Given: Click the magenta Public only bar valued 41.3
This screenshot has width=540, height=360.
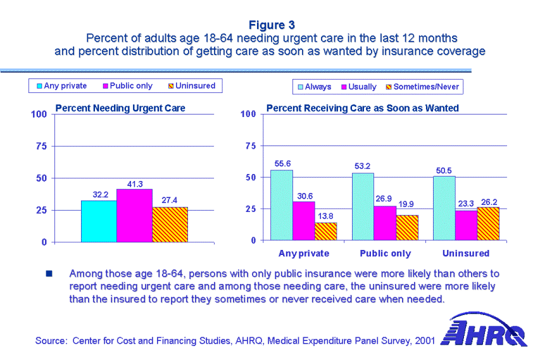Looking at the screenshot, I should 134,215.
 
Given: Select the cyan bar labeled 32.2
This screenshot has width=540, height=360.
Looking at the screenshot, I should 99,221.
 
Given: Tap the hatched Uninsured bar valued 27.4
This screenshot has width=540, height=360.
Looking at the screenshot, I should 170,224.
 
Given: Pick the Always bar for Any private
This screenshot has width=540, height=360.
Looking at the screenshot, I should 282,205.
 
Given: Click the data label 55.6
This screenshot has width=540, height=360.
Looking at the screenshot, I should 282,164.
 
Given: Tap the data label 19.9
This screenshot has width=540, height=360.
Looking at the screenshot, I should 406,204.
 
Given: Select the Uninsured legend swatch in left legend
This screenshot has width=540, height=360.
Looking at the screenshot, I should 171,86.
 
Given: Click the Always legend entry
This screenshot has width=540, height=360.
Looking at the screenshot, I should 314,87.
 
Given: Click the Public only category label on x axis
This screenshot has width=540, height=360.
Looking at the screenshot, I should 385,254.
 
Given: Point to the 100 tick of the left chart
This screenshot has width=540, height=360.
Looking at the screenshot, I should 39,115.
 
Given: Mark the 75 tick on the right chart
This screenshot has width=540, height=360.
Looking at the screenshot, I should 249,146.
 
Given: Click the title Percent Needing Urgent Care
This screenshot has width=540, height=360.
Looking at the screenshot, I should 120,108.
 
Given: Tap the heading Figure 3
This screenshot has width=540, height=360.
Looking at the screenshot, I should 271,25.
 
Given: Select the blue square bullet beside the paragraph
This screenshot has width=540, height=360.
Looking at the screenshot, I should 49,275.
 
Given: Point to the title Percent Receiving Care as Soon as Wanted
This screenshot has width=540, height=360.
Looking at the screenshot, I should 362,108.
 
